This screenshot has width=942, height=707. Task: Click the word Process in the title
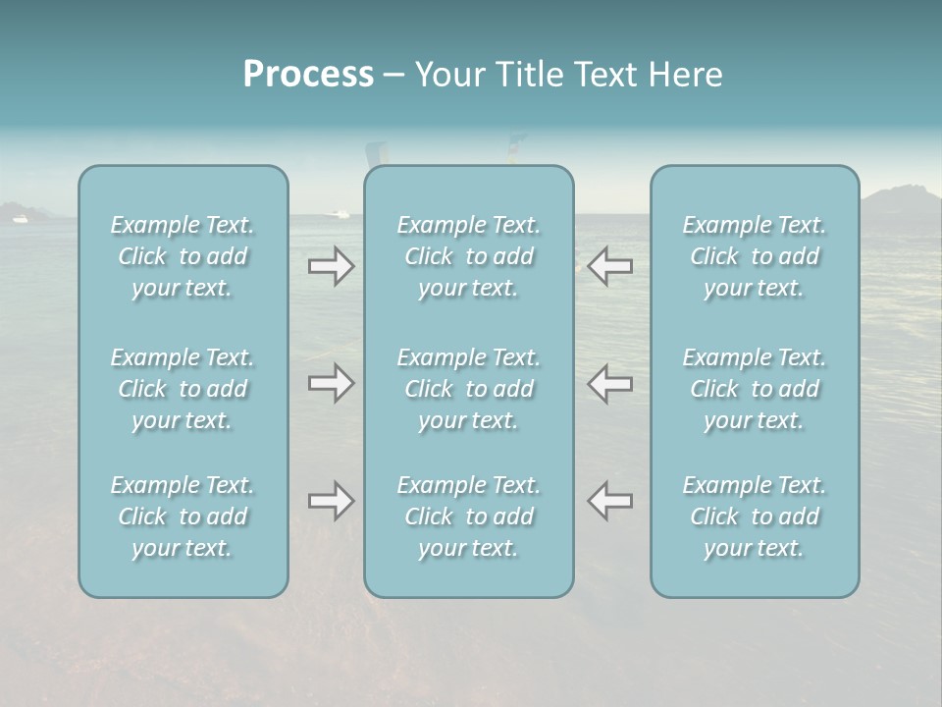308,75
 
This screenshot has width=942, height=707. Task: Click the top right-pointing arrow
331,266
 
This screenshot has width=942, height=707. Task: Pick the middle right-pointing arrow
331,382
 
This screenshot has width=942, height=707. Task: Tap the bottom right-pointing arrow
331,501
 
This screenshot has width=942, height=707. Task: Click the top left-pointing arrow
609,266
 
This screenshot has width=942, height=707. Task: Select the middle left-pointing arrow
609,382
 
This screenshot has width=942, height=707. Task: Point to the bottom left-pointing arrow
609,501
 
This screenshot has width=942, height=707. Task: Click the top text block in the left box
183,256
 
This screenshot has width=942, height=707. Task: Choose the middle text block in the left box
183,389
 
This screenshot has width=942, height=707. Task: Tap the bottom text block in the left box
183,517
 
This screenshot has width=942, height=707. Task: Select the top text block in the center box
469,256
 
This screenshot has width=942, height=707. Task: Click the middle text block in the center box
469,389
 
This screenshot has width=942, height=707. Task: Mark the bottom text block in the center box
469,517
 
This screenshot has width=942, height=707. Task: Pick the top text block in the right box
755,256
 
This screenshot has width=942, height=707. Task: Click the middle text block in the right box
755,389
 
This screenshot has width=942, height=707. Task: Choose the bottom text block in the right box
755,517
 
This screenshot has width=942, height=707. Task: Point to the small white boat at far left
20,219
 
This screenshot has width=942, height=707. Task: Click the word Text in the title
605,75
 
